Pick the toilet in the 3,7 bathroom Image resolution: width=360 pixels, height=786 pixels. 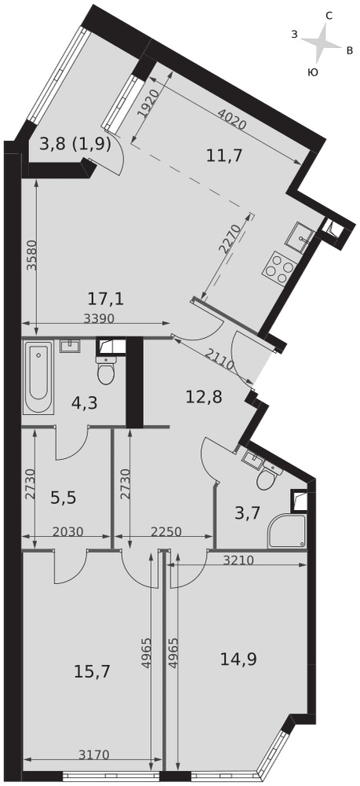(x=268, y=477)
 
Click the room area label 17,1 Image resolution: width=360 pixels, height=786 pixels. (x=105, y=299)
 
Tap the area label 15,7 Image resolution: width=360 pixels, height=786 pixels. (x=91, y=670)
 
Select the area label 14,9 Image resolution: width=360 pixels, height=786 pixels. (x=239, y=659)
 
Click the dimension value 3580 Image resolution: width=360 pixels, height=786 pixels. (x=32, y=255)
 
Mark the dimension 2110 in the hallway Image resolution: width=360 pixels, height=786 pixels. (x=220, y=358)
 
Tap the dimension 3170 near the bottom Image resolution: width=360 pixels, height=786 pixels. (x=94, y=754)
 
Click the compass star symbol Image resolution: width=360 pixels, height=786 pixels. (x=321, y=43)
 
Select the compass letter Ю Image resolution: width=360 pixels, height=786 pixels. (x=312, y=72)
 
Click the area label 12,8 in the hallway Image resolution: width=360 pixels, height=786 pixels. (x=204, y=397)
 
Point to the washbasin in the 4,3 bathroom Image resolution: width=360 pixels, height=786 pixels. (x=70, y=347)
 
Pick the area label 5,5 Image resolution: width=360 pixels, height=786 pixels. (x=64, y=498)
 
